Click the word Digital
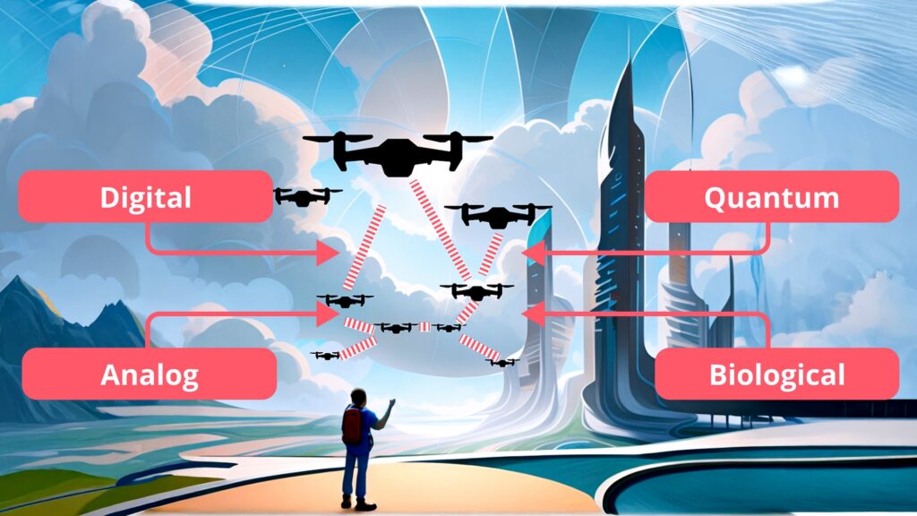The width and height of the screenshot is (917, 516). coord(145,197)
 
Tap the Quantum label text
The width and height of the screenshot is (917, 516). coord(771,197)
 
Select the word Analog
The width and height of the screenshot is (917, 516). coord(149,374)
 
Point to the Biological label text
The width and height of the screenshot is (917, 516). coord(776,374)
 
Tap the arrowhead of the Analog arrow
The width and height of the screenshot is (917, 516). coord(329,314)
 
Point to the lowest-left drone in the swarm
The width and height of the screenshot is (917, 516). coord(326,356)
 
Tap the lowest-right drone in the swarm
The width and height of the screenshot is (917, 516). coord(504,362)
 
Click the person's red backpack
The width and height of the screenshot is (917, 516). coord(352,425)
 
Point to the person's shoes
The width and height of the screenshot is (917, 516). coord(355,503)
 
